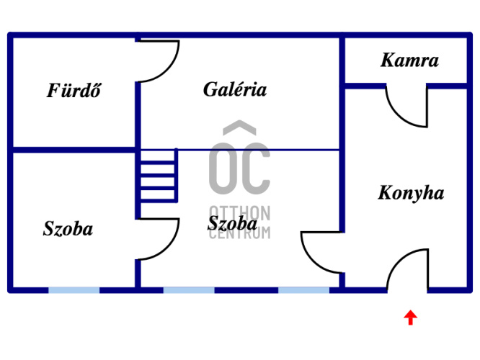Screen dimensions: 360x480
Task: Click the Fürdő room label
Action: tap(74, 91)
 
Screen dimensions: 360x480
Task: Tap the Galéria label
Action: tap(235, 90)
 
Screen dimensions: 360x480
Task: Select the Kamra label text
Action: tap(409, 60)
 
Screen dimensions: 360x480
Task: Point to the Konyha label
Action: tap(411, 194)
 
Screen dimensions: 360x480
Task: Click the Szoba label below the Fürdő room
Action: tap(68, 230)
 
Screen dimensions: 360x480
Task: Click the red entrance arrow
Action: tap(410, 317)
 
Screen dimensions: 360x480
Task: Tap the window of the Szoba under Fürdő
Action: tap(74, 289)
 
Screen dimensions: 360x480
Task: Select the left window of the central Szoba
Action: tap(189, 289)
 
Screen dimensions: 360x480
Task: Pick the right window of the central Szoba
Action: tap(303, 289)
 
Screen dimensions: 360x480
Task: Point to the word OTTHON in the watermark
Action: tap(240, 214)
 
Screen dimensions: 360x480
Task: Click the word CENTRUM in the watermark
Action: tap(240, 233)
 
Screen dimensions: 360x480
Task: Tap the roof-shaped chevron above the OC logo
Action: tap(239, 130)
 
